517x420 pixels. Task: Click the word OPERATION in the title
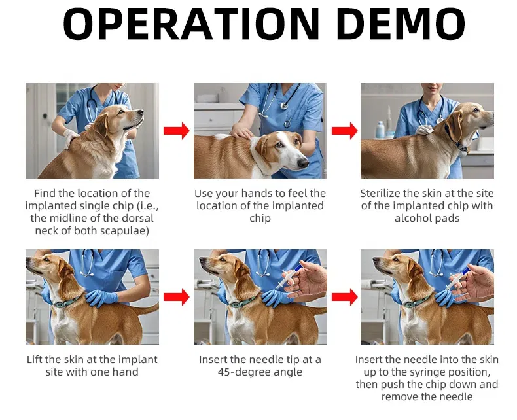click(191, 23)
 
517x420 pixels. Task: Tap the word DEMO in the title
click(401, 23)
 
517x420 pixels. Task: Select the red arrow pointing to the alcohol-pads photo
click(344, 131)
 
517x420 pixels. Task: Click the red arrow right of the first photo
click(177, 131)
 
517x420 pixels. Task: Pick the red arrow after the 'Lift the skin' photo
click(177, 297)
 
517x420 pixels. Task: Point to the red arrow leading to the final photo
click(344, 297)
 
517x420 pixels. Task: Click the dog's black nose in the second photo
click(303, 163)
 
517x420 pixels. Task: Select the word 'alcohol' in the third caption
click(412, 218)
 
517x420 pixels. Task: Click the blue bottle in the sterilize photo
click(380, 130)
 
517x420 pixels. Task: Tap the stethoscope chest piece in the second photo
click(284, 105)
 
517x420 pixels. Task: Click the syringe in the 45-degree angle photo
click(289, 277)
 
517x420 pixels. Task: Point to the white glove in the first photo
click(70, 137)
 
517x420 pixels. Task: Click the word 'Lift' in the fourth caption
click(34, 359)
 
